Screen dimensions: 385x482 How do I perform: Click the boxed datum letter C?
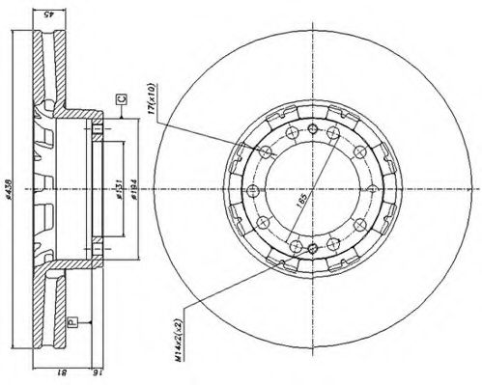coord(120,99)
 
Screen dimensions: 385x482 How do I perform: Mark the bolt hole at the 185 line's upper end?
coord(332,132)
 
